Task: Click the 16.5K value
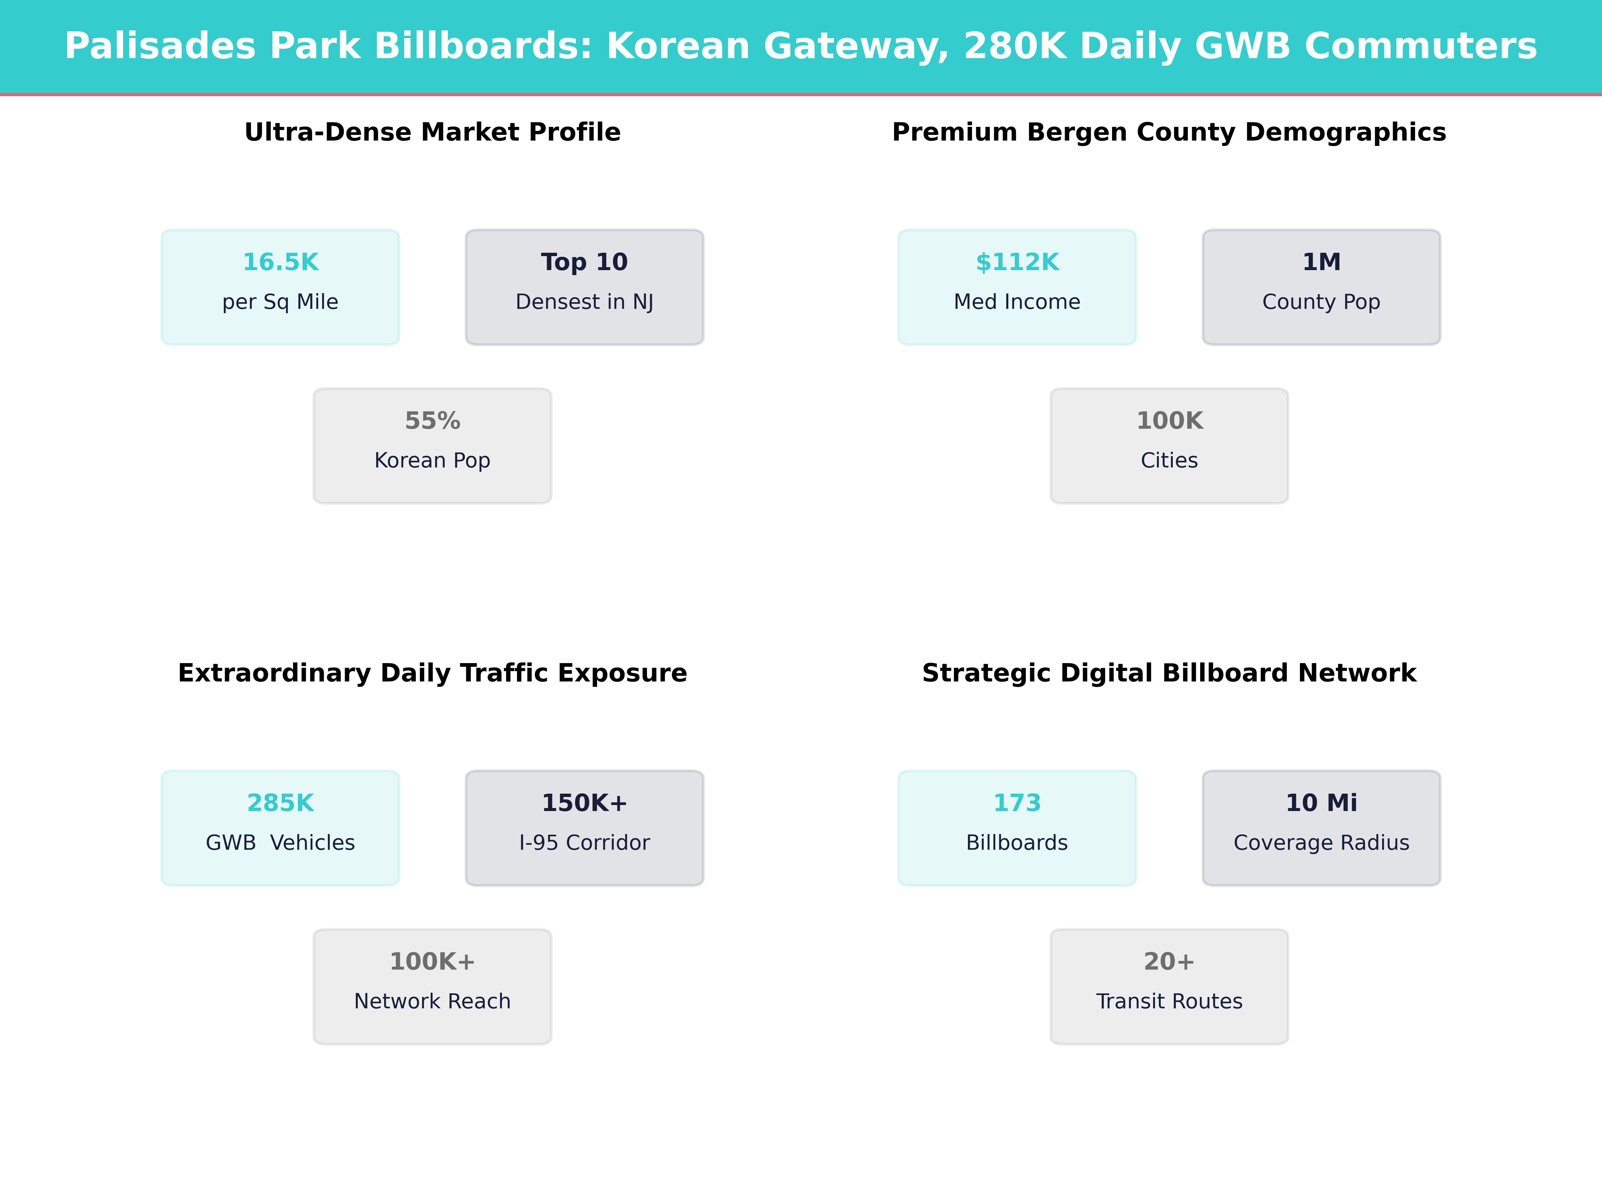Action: coord(280,262)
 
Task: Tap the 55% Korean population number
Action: coord(432,421)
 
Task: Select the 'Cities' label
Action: coord(1169,461)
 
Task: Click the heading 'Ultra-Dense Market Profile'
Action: coord(432,133)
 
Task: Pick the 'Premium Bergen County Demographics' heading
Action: coord(1169,133)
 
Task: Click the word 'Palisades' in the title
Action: coord(159,46)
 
